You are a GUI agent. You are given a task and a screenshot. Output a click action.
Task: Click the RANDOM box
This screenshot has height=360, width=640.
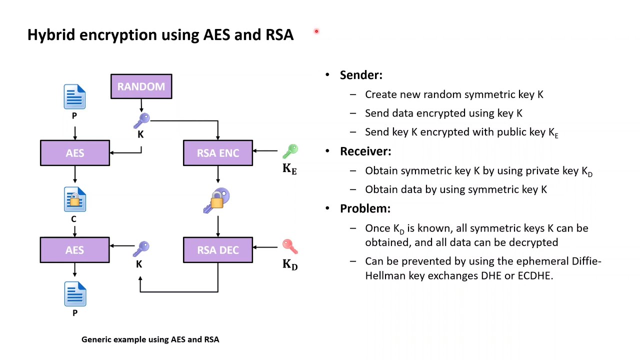141,86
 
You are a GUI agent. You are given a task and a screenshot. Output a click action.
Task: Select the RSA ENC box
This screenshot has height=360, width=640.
217,153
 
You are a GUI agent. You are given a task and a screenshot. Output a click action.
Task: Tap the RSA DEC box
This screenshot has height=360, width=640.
217,250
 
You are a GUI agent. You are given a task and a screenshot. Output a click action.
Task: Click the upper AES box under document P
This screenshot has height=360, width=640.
75,153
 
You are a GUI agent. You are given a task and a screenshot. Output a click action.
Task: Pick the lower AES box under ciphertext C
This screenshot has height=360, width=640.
75,250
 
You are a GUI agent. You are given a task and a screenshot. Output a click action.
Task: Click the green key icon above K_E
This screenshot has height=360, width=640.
290,151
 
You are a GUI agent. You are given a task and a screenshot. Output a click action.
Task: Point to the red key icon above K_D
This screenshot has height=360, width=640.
290,246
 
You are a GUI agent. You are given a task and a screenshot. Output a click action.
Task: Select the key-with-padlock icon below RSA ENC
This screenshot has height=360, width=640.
217,200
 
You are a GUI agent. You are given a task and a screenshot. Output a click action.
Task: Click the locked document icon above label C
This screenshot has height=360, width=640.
75,199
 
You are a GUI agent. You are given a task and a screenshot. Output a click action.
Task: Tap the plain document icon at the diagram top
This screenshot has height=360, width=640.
74,97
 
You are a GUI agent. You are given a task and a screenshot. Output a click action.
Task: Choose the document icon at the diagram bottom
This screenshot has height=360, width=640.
75,294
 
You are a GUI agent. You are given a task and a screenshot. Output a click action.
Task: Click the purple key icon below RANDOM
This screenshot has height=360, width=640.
141,120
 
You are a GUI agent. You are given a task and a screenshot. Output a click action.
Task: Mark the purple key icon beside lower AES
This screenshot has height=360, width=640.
141,248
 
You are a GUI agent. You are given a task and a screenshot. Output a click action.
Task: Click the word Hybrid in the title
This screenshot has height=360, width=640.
51,35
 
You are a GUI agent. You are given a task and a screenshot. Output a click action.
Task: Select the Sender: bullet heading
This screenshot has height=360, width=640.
361,75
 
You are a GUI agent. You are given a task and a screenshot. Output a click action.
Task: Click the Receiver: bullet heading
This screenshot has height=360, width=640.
365,151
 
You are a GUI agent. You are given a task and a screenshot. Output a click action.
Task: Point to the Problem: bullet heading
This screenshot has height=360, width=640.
365,208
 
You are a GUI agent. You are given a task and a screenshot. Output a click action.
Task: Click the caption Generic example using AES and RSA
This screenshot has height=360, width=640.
150,339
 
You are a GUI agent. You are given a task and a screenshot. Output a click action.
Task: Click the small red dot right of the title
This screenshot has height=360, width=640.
316,31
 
